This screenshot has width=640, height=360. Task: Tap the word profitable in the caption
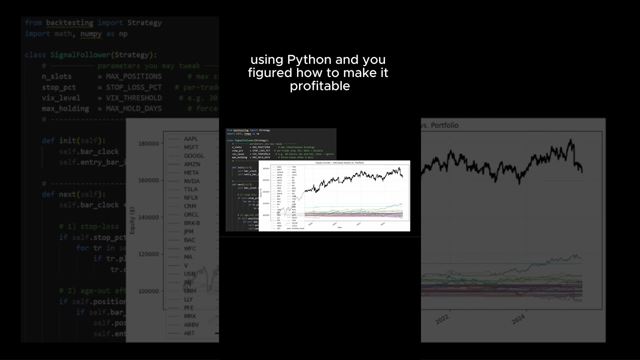click(319, 86)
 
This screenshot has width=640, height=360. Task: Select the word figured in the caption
click(269, 73)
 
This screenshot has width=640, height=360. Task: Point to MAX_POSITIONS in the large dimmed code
click(133, 76)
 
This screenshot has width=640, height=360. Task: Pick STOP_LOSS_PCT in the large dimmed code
click(133, 87)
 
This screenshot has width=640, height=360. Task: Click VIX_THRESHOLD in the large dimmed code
click(133, 98)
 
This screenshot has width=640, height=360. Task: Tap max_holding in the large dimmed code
click(65, 108)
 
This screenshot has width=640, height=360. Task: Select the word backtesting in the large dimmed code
click(69, 23)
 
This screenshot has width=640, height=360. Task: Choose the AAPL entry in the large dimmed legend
click(191, 138)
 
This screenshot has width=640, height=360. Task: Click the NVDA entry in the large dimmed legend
click(191, 181)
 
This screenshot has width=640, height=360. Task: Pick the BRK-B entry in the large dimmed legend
click(192, 223)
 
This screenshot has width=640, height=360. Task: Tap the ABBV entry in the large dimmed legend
click(191, 324)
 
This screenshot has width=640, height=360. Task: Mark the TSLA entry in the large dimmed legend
click(191, 189)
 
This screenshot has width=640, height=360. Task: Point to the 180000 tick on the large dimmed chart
click(148, 144)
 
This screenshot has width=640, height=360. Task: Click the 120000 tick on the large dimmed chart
click(148, 254)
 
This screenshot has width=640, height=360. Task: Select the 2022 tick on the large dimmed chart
click(442, 318)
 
